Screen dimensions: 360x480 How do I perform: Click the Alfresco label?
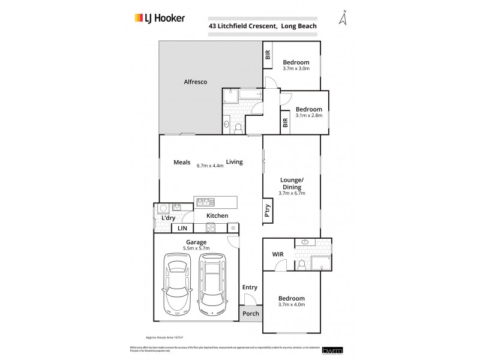[x=195, y=82]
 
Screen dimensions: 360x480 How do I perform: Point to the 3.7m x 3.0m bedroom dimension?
[x=296, y=68]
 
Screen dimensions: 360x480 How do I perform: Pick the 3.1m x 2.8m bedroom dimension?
[x=308, y=115]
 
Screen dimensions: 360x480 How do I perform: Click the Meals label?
[x=182, y=161]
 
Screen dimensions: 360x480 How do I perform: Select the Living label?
[x=234, y=161]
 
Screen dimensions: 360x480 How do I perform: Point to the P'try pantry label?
[x=268, y=211]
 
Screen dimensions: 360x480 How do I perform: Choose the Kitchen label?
[x=217, y=215]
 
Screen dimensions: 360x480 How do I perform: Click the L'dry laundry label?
[x=168, y=218]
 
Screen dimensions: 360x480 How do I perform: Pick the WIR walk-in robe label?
[x=278, y=254]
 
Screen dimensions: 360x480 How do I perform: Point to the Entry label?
[x=250, y=287]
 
